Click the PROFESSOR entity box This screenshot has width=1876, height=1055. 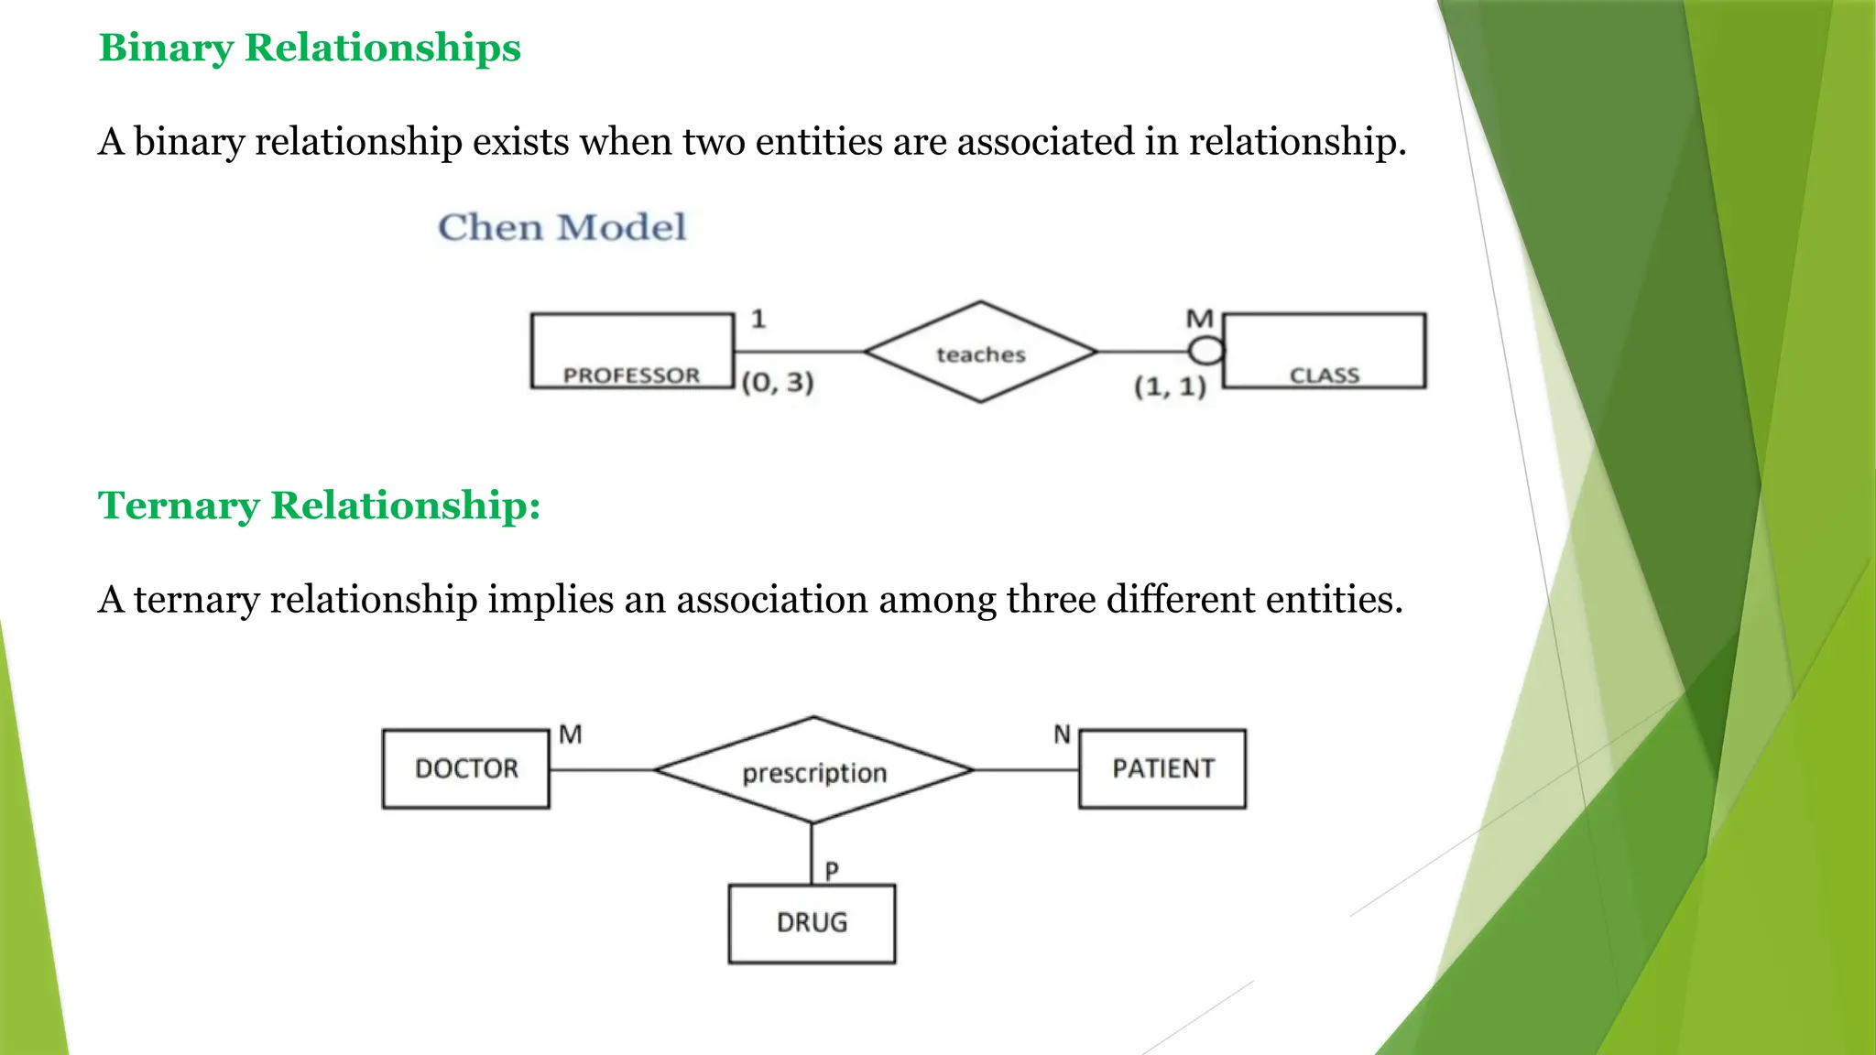(x=632, y=351)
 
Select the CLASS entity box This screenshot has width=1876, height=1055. (x=1325, y=351)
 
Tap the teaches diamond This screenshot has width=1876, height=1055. (x=980, y=353)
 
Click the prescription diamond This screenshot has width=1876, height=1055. (x=813, y=770)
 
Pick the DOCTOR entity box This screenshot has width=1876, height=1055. (x=466, y=768)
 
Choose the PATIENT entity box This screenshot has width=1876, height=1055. (x=1162, y=768)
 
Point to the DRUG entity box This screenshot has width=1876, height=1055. (x=812, y=923)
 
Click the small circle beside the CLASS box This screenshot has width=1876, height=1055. (x=1205, y=351)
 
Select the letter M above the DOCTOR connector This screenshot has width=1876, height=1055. (x=571, y=734)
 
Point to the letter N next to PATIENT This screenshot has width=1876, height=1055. (x=1062, y=734)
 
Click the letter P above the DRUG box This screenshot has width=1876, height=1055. (x=832, y=871)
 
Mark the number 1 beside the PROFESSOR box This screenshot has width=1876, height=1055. (x=758, y=320)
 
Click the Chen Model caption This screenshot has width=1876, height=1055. (x=562, y=227)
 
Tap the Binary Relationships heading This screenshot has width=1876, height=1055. (x=310, y=48)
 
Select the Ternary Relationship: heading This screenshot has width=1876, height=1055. (x=319, y=506)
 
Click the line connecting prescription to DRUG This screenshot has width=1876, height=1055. (x=812, y=852)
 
